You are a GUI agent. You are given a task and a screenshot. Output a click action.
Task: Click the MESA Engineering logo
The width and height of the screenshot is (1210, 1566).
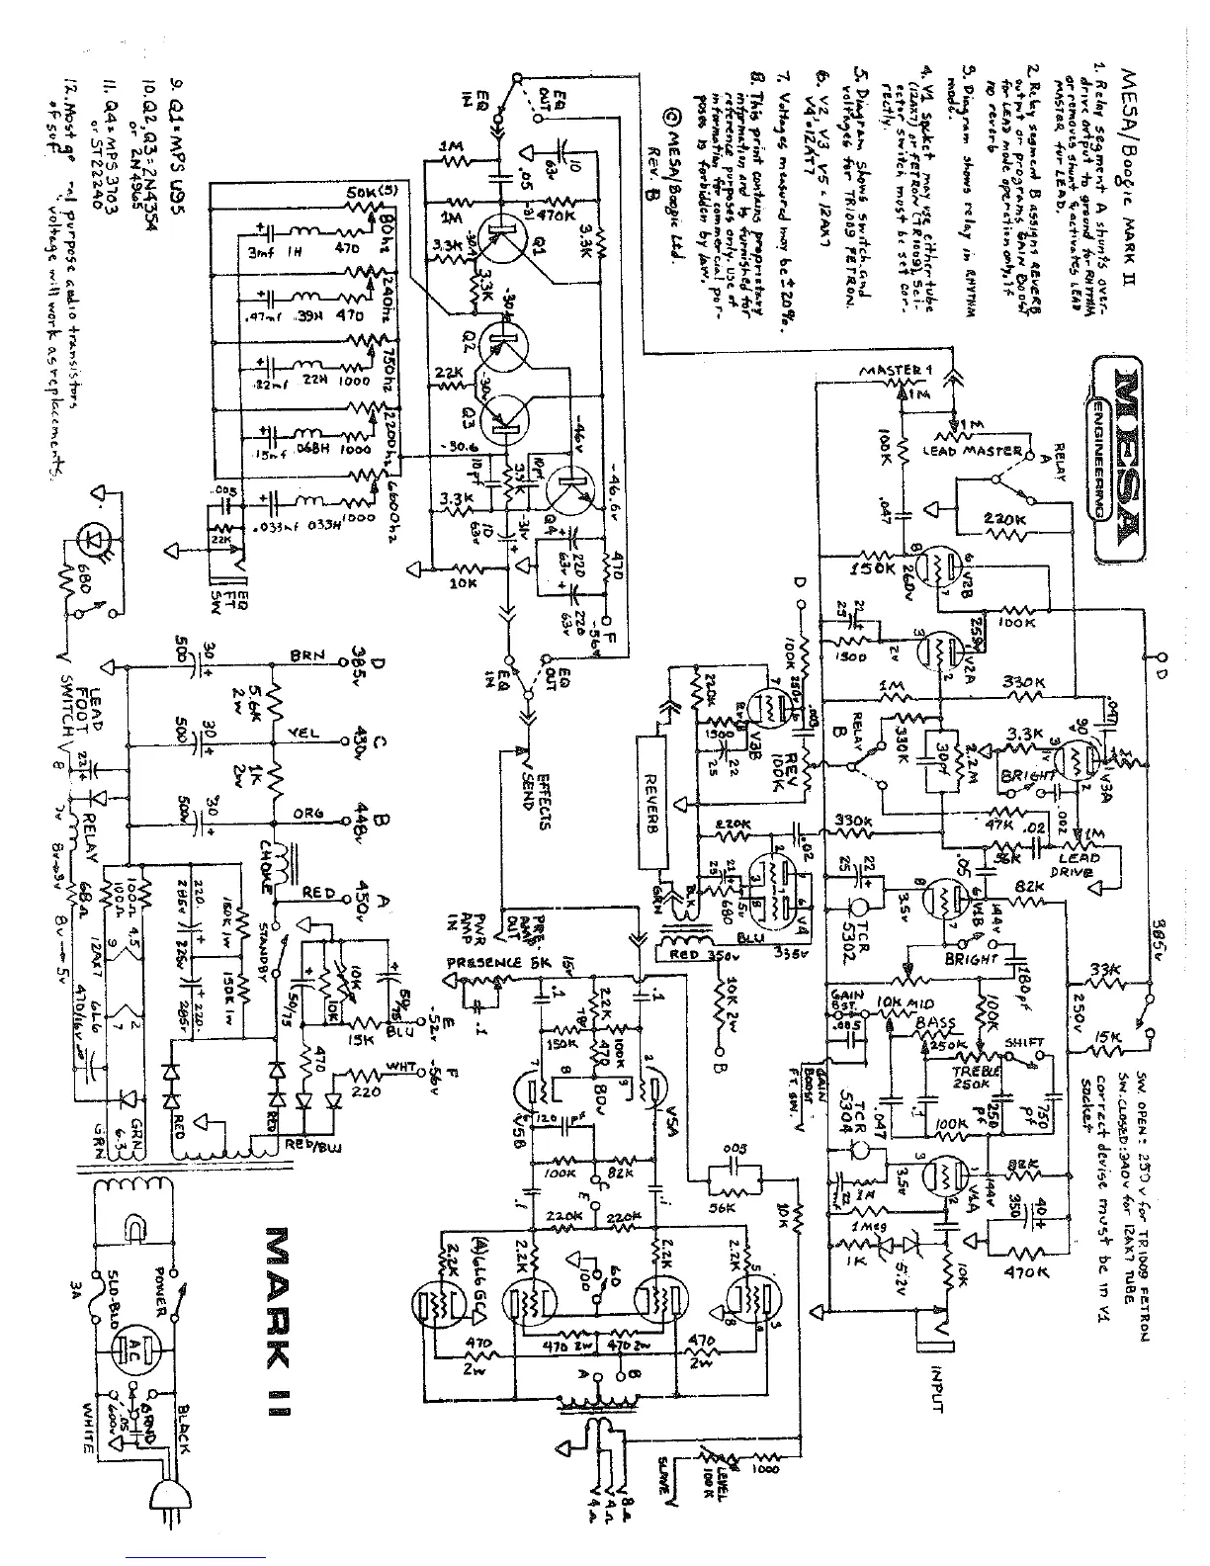[1119, 437]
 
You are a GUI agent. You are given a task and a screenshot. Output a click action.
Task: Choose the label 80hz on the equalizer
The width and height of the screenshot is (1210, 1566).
[387, 224]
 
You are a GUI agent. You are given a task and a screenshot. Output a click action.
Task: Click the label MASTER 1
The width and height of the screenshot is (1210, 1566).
[896, 372]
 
